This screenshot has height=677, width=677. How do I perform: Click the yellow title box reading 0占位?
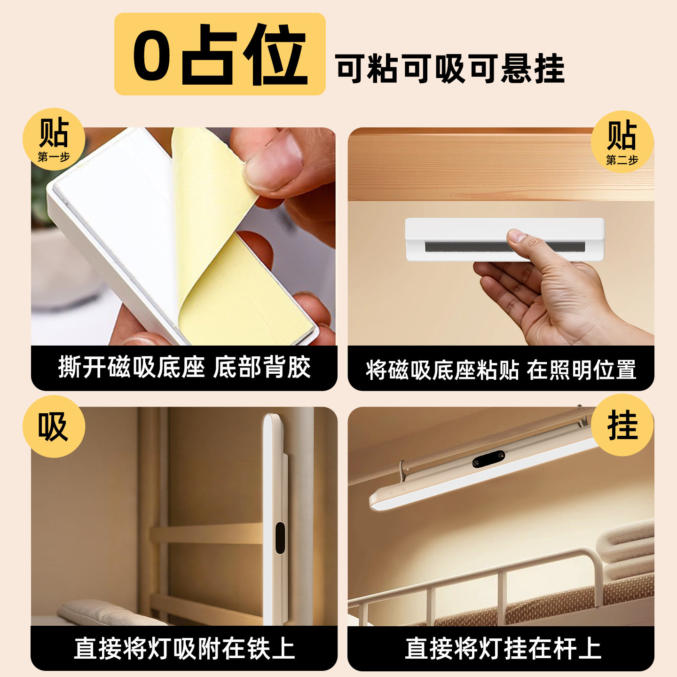point(220,54)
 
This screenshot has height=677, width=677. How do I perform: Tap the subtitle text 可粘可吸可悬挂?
point(450,69)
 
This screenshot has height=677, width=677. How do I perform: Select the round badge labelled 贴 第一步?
point(54,139)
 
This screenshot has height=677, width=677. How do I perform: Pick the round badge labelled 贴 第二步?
point(622,142)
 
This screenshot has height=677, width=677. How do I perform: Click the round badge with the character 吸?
point(54,426)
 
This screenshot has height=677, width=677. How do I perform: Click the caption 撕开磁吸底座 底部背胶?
point(184,368)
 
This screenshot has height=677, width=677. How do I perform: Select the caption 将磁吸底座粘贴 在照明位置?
point(501,370)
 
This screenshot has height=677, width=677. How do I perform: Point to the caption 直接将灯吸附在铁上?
point(184,648)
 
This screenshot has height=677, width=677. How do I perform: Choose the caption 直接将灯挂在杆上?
point(503,648)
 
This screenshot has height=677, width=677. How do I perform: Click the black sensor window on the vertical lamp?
point(280,537)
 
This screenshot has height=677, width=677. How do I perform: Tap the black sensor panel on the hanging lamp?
point(488,459)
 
